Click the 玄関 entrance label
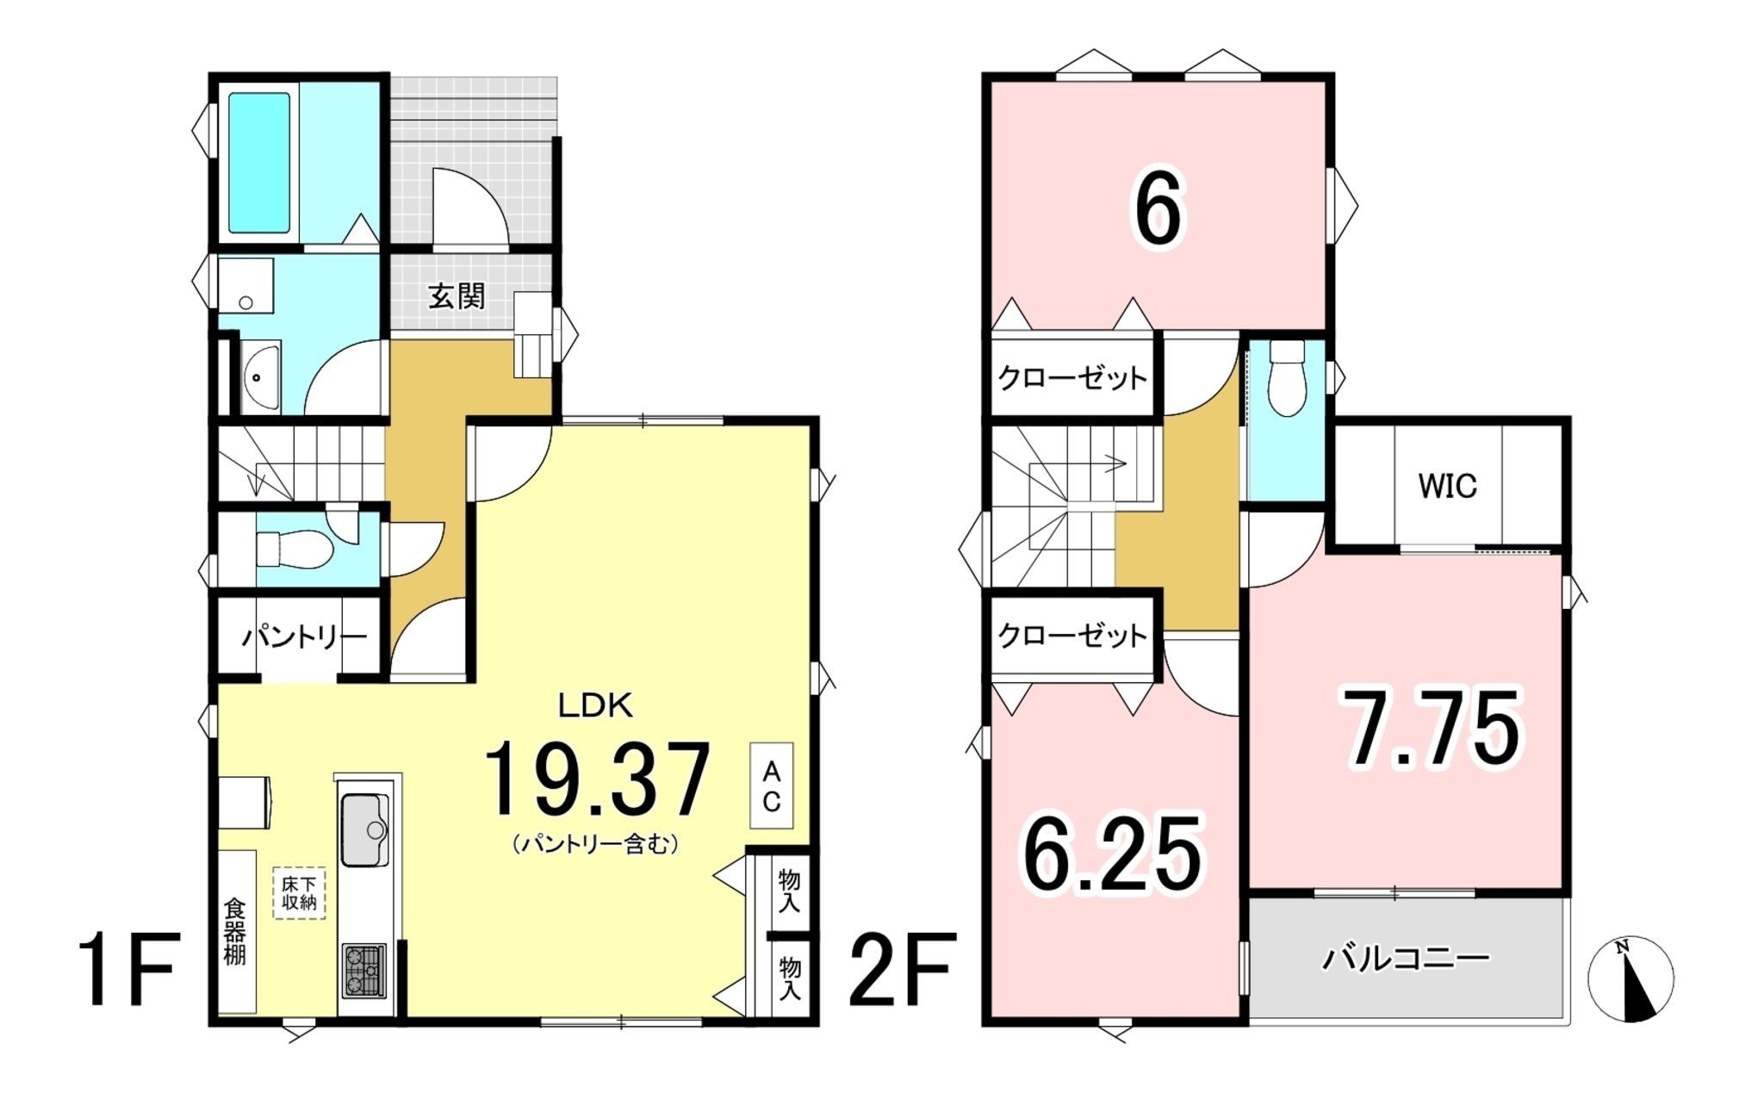pos(457,296)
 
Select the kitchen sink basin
pos(365,829)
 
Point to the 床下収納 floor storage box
pos(299,892)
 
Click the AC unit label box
pos(771,786)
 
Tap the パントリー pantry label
pos(304,638)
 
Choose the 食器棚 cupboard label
pos(235,931)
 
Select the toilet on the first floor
pos(294,549)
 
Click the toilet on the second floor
pos(1287,380)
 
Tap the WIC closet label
pos(1447,487)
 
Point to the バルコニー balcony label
pos(1406,958)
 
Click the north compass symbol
pos(1630,978)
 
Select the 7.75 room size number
pos(1434,728)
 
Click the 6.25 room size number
pos(1111,854)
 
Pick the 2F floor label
pos(902,970)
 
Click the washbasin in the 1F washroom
pos(260,376)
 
